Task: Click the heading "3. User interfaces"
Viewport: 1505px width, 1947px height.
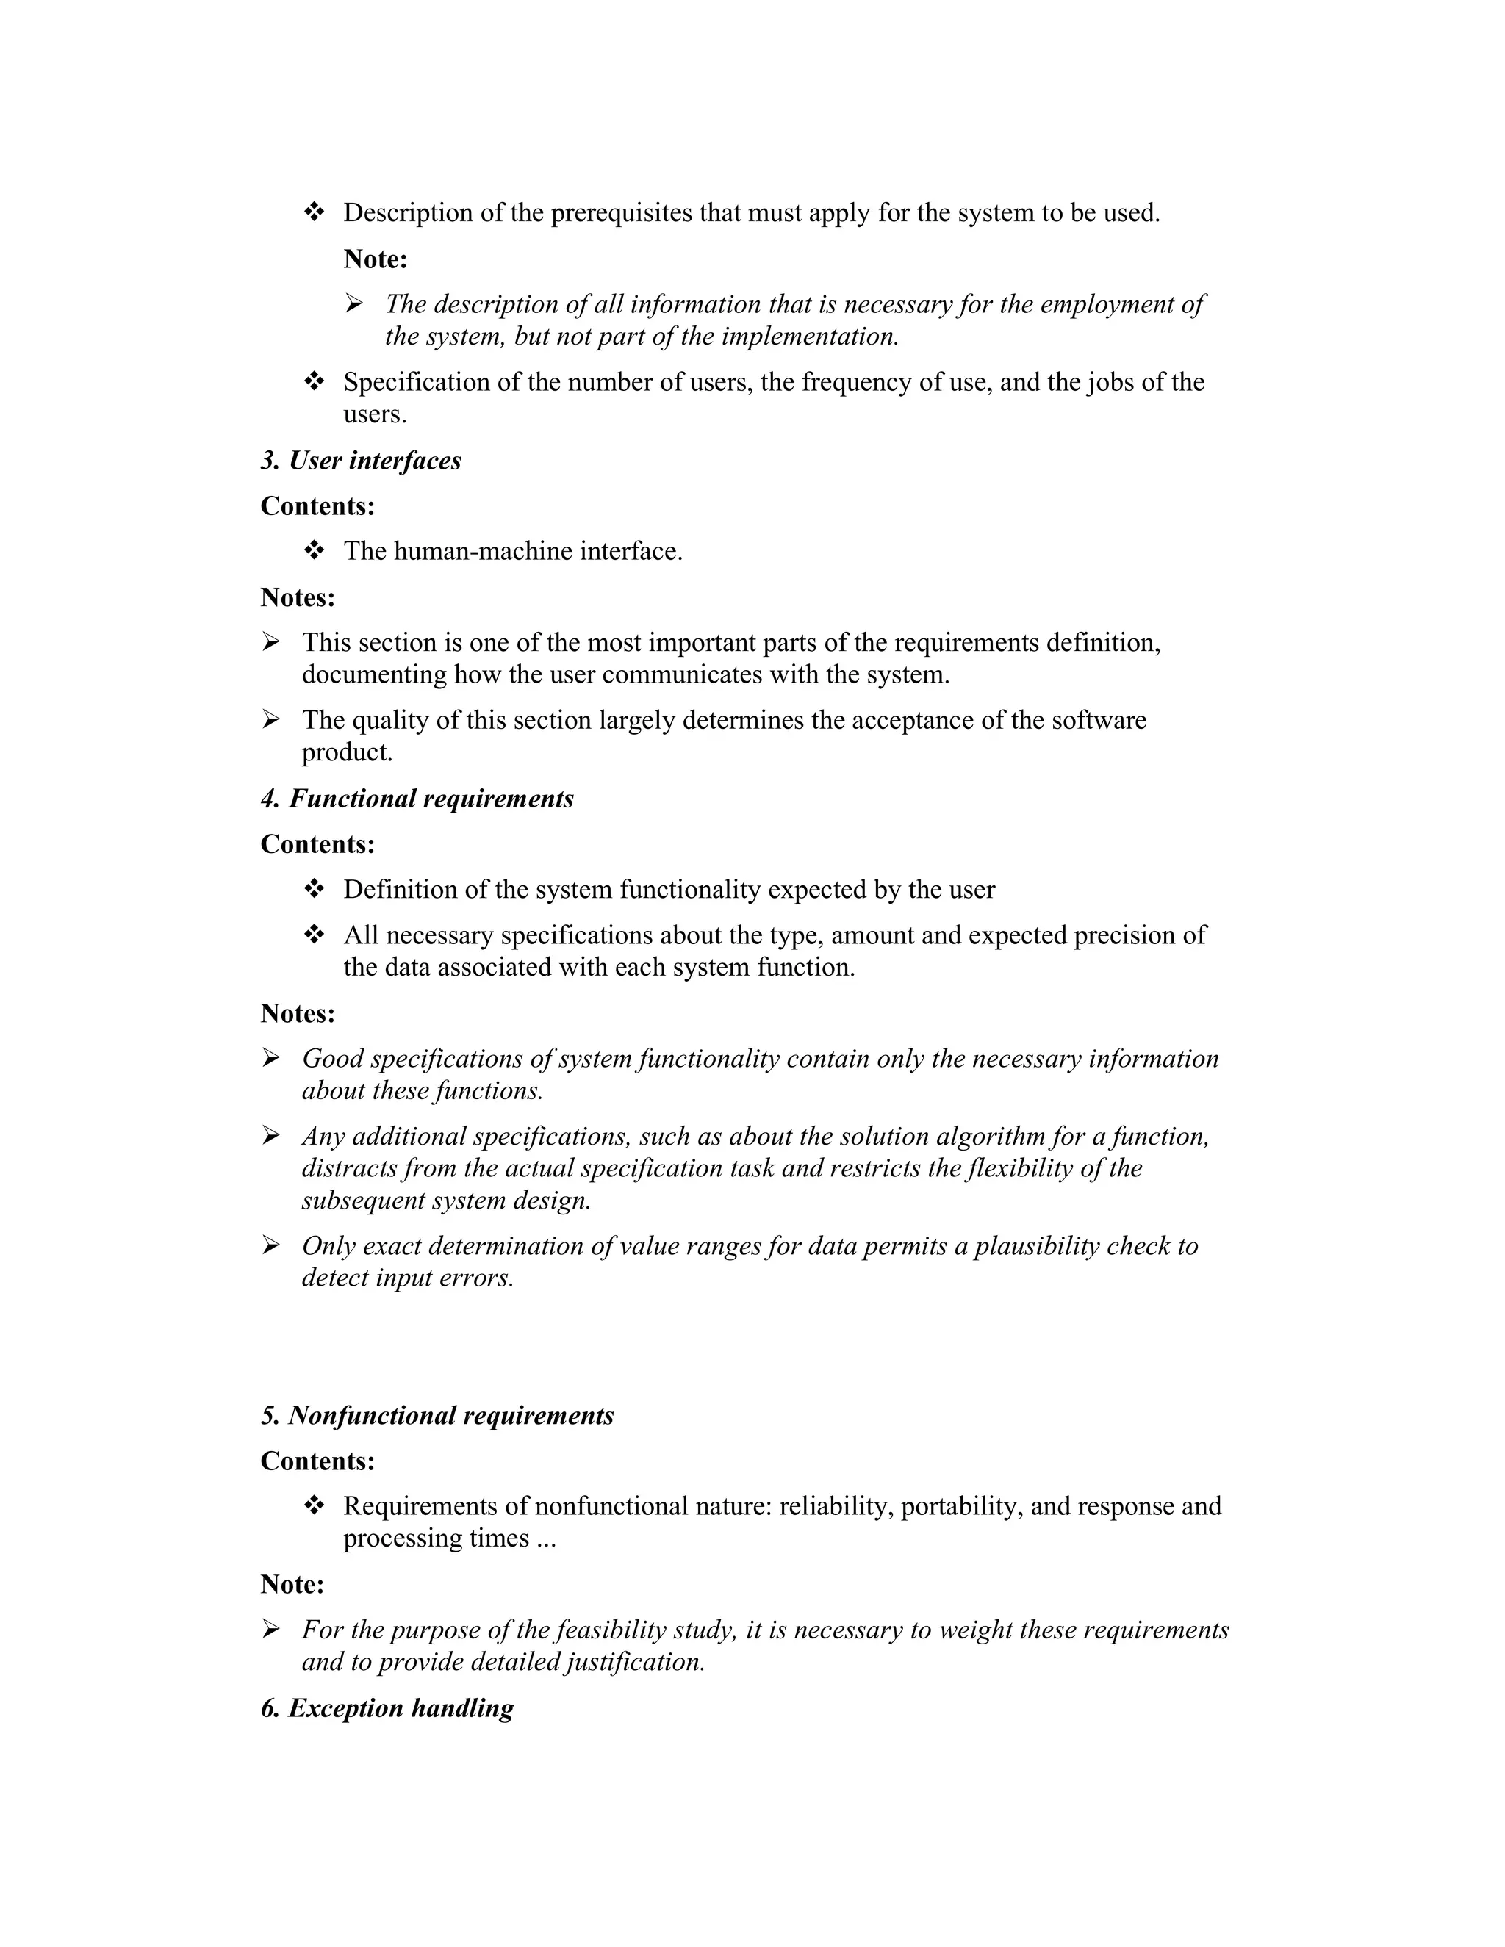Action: coord(361,461)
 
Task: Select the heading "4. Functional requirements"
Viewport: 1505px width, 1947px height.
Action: coord(417,799)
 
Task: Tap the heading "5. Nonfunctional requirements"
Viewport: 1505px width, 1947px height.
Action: coord(437,1416)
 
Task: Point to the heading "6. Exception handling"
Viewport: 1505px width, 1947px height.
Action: coord(387,1708)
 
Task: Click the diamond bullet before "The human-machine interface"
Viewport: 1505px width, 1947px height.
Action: coord(314,551)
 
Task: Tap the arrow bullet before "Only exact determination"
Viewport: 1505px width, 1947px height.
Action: coord(271,1245)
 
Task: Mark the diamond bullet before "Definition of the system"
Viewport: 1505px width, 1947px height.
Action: coord(314,889)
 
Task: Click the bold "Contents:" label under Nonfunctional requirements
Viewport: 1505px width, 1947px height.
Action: coord(317,1461)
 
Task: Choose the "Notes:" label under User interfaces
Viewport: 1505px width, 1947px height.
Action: coord(298,597)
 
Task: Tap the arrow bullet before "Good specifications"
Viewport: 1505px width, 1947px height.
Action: coord(271,1058)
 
